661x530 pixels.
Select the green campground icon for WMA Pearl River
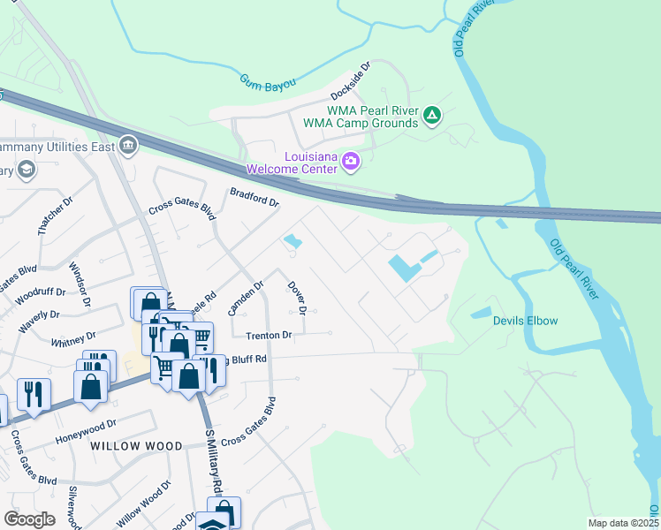click(x=432, y=116)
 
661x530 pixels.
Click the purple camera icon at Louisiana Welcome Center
click(x=351, y=161)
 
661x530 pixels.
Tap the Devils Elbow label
click(x=525, y=321)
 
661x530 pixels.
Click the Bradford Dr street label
click(x=255, y=196)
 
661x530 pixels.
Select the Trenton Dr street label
click(x=268, y=336)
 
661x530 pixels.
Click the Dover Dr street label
click(x=297, y=299)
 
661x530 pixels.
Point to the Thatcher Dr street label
click(x=50, y=216)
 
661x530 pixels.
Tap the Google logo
click(x=29, y=519)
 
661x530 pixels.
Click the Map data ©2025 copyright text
click(x=620, y=523)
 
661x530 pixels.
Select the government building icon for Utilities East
click(x=128, y=145)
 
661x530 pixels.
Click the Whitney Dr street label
click(x=73, y=338)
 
